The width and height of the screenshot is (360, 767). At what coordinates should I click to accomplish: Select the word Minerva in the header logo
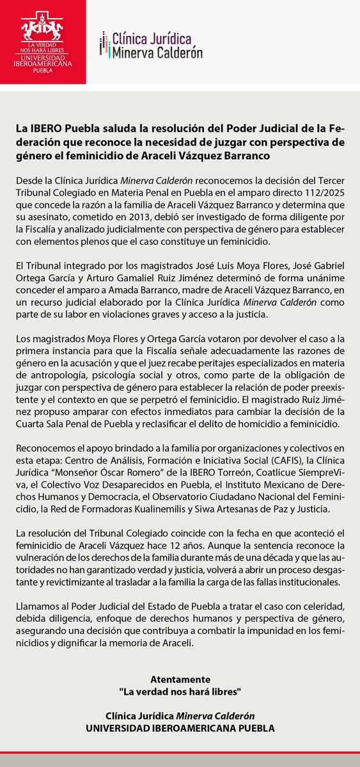pos(134,53)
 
